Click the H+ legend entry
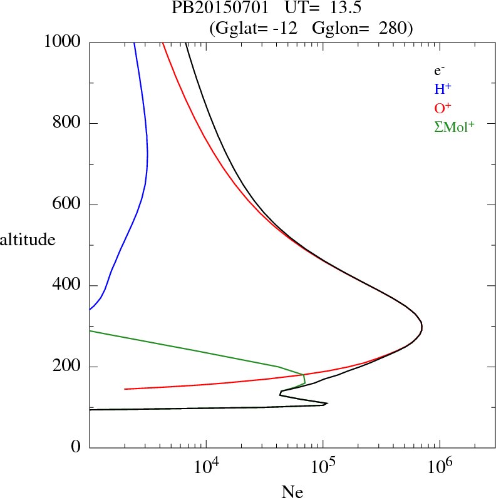pos(443,89)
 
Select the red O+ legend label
pos(443,108)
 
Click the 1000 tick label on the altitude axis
pos(63,42)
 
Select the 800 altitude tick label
pos(68,123)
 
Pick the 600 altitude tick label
pos(68,205)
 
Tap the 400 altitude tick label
pos(68,286)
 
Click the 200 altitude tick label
pos(68,367)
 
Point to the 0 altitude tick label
pos(76,448)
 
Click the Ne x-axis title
pos(292,492)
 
